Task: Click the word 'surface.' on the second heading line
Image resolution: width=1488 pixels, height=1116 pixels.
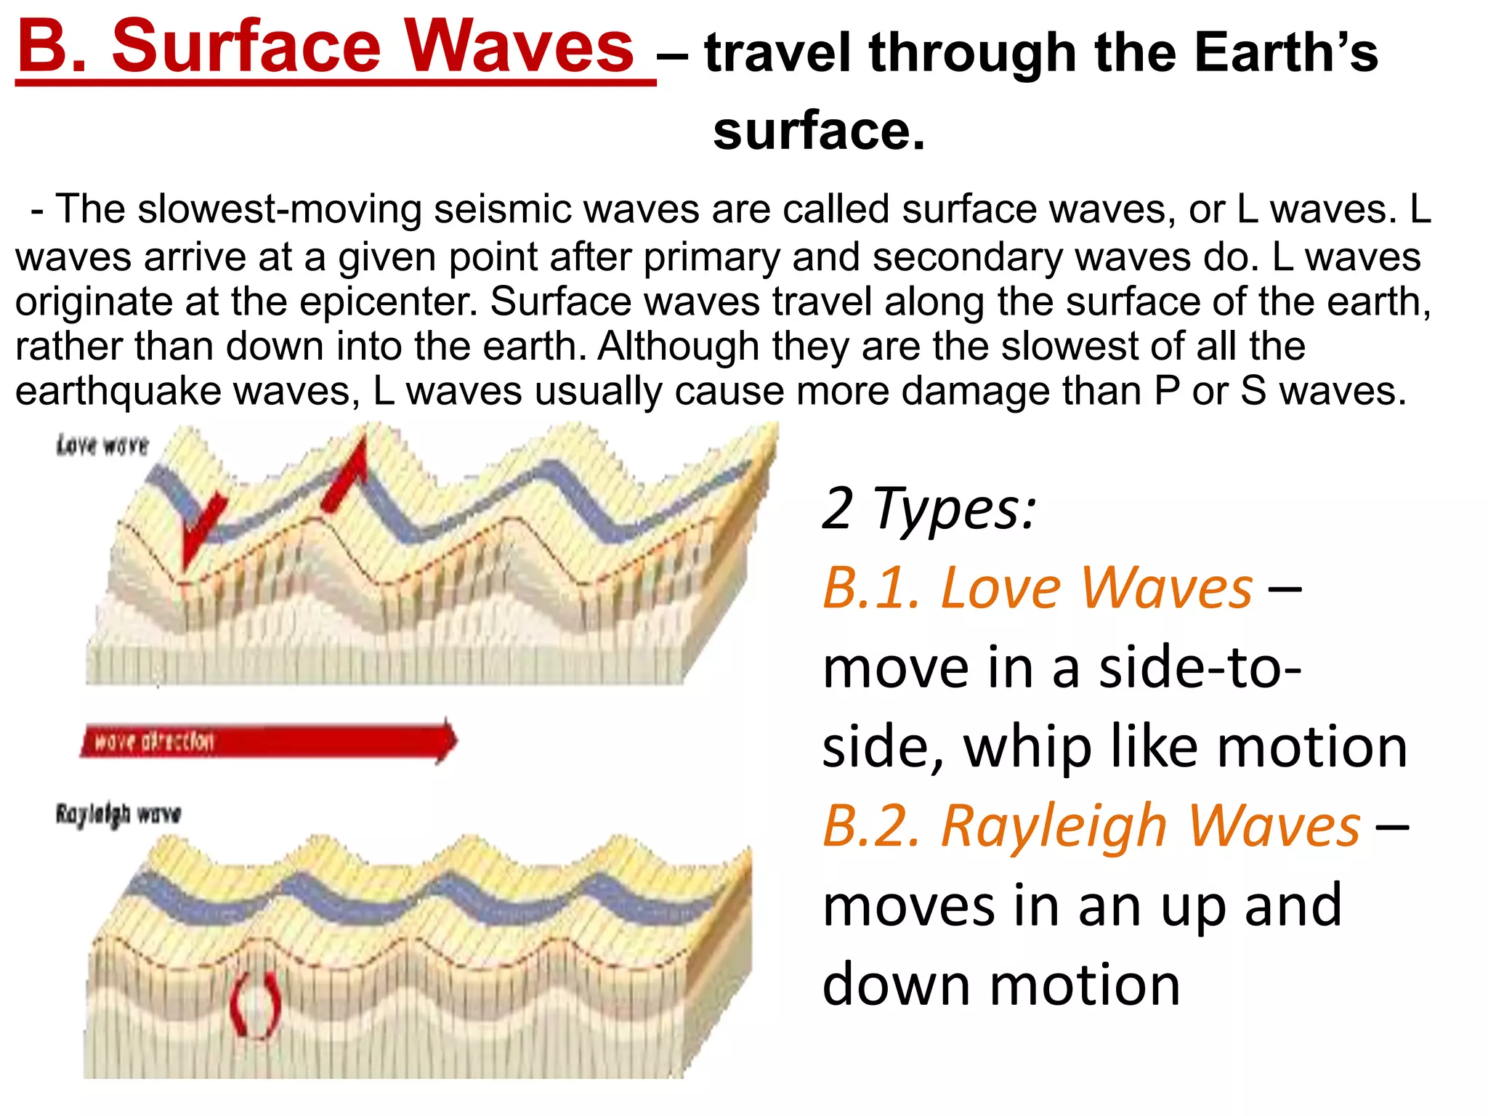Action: tap(819, 132)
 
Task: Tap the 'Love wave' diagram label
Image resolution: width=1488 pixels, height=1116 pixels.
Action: tap(102, 445)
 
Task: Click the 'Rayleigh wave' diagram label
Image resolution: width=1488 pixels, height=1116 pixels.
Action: tap(118, 814)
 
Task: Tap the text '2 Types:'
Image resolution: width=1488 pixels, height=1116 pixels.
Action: tap(928, 509)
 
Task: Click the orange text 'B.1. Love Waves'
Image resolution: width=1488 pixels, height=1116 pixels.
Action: tap(1038, 587)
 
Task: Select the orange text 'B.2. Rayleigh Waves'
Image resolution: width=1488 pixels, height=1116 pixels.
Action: tap(1091, 826)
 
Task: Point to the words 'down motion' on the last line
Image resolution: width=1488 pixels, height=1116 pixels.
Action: tap(1001, 985)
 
